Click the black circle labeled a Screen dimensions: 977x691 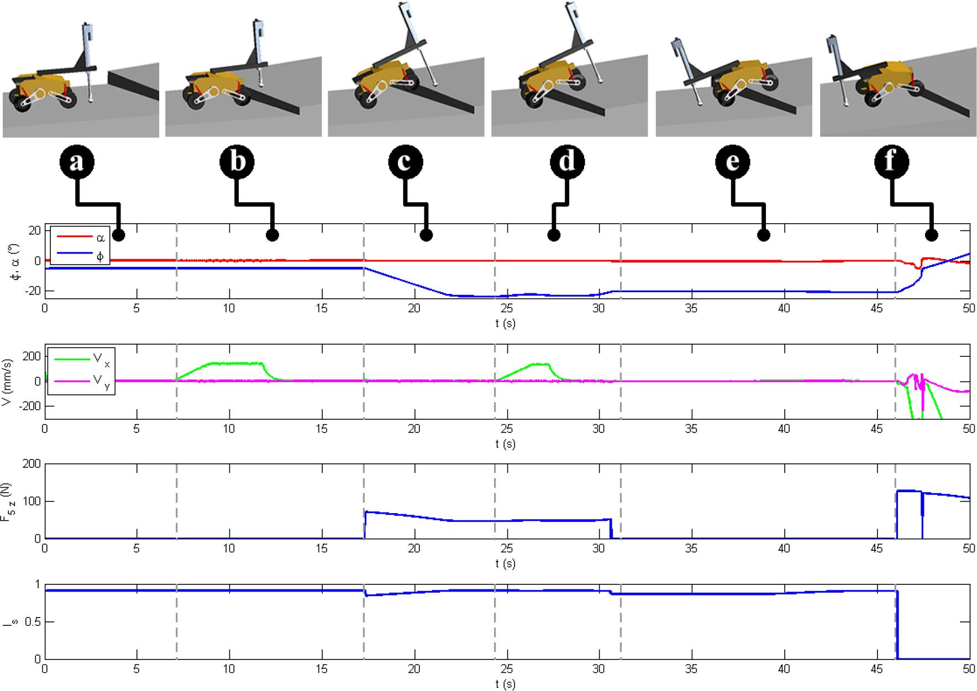[x=77, y=162]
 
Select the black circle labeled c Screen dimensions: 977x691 [x=406, y=162]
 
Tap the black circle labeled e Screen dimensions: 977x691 [x=732, y=162]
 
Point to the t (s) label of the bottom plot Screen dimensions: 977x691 [x=506, y=684]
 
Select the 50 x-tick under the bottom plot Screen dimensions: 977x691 [x=969, y=669]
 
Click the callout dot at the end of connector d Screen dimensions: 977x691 [x=554, y=235]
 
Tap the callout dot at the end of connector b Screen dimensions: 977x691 [x=272, y=235]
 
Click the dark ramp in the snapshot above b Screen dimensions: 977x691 [x=271, y=97]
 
